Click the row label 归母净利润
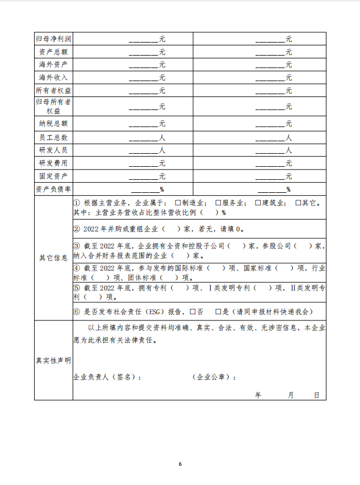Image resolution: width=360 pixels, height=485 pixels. (53, 39)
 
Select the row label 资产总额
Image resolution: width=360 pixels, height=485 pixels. (53, 52)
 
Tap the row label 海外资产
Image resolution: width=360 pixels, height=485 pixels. (53, 64)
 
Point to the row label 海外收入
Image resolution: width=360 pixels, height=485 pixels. (53, 77)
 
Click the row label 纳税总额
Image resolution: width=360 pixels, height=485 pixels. (53, 123)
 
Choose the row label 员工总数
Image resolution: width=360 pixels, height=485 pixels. (53, 137)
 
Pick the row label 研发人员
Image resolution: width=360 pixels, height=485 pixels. (53, 150)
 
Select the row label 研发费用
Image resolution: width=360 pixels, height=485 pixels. (53, 163)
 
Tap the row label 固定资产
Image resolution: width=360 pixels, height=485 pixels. (53, 176)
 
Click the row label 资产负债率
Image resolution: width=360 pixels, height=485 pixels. (53, 189)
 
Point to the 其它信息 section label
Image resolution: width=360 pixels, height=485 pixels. (53, 258)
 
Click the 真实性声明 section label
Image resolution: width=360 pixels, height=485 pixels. (53, 360)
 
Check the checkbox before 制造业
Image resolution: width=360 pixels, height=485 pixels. (178, 203)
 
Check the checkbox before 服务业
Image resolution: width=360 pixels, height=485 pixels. (219, 203)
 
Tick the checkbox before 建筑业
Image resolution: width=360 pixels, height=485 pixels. (258, 203)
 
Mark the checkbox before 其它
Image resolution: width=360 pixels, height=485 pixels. (299, 203)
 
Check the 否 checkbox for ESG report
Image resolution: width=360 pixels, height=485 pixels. (193, 311)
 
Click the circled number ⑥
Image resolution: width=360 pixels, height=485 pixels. (77, 311)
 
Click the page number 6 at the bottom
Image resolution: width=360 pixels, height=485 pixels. (180, 464)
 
